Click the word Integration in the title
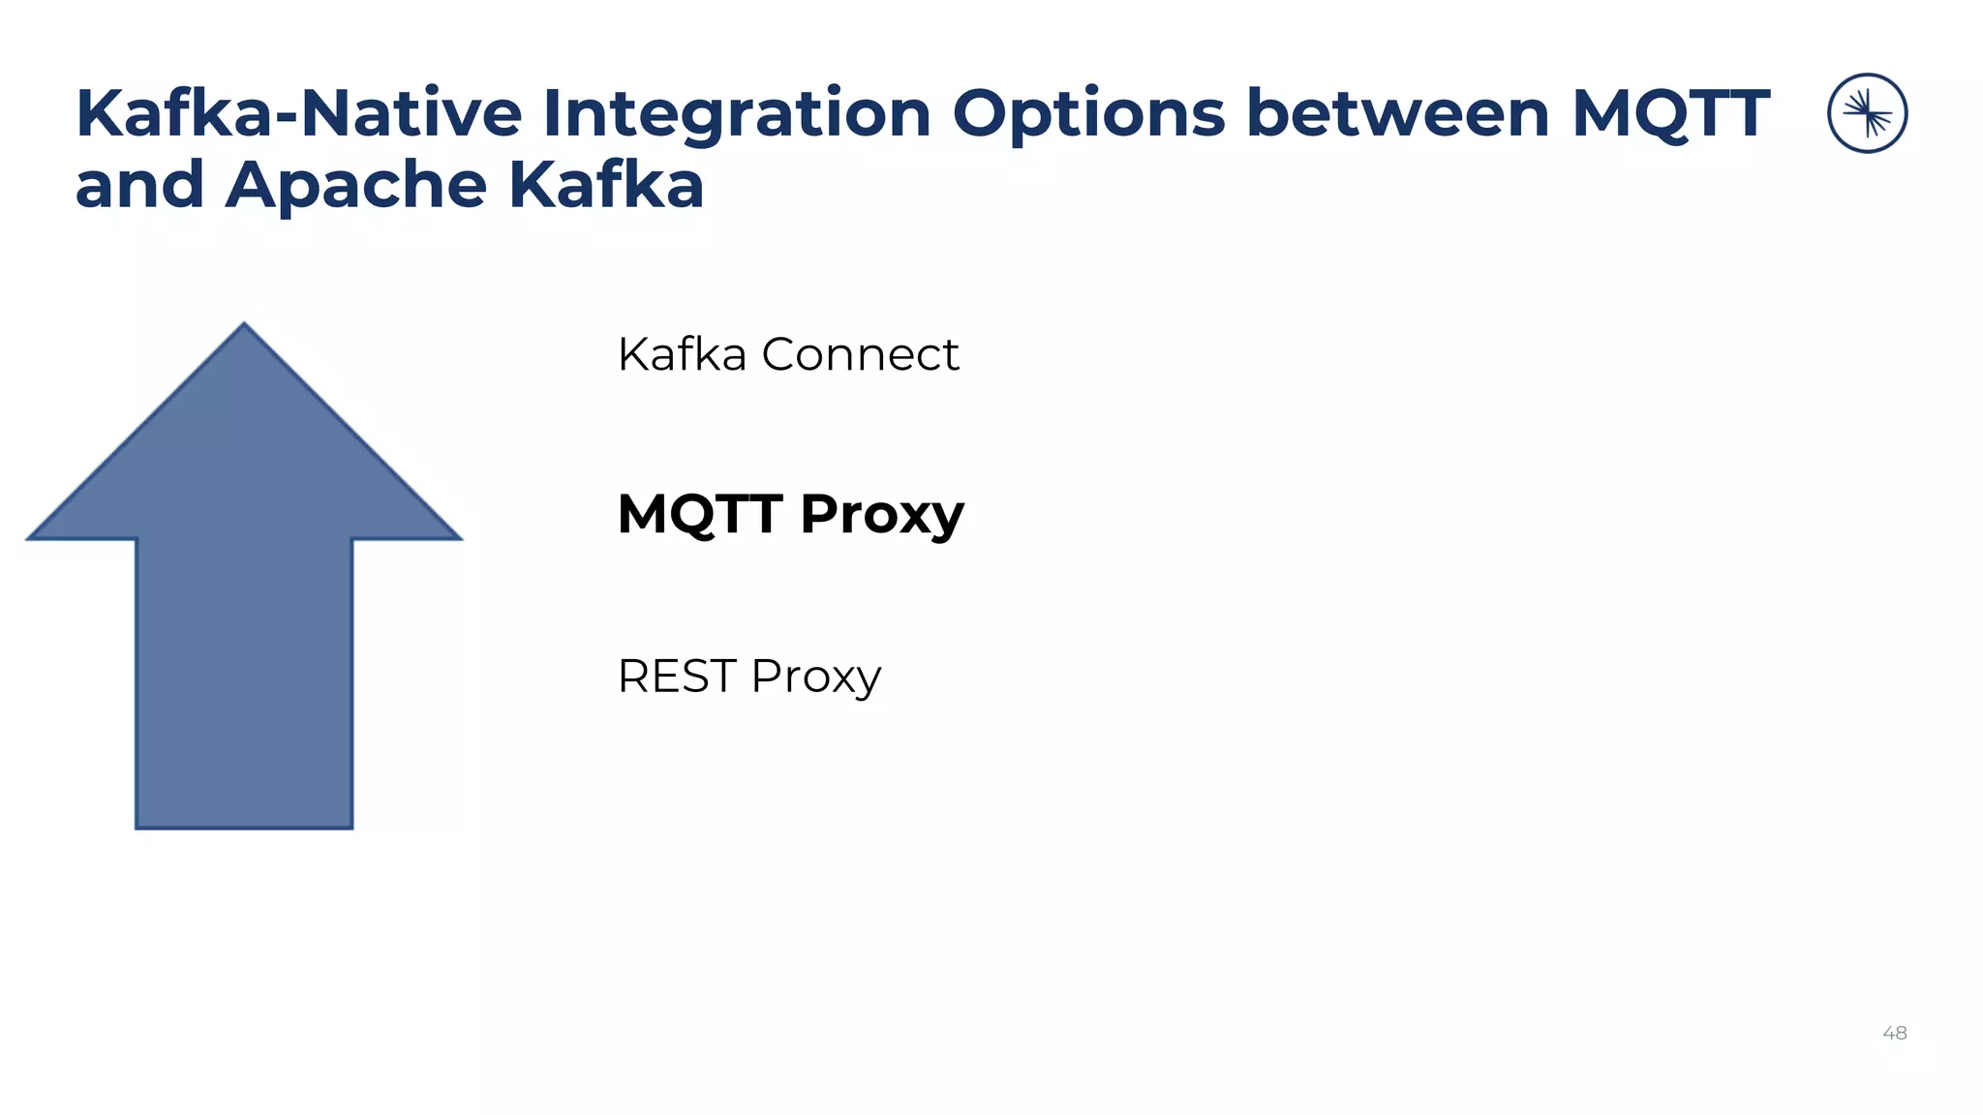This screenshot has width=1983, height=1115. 736,114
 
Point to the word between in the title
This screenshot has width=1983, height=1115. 1399,114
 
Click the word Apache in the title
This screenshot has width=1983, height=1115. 355,186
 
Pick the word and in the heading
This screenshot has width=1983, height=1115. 139,186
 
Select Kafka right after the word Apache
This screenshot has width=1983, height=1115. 606,186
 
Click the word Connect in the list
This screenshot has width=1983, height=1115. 860,354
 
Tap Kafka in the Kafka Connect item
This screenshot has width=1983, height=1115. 682,354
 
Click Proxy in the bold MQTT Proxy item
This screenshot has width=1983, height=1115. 882,515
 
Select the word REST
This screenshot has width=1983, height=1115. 677,676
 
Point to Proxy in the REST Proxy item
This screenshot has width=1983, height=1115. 815,678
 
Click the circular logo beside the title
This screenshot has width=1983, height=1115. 1867,113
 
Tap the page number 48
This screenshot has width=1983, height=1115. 1894,1033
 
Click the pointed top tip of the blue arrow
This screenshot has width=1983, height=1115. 244,326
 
